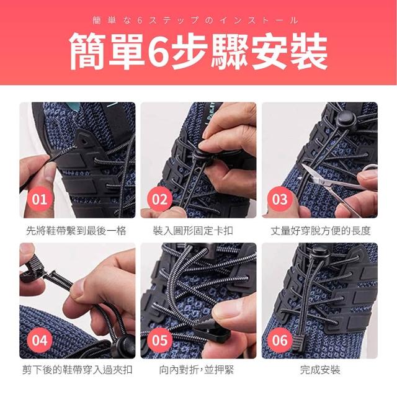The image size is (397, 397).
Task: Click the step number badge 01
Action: coord(40,199)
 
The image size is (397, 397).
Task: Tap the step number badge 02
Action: coord(160,199)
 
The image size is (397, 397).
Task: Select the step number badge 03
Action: coord(280,199)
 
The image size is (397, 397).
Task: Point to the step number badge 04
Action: coord(40,340)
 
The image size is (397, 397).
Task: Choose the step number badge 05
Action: coord(160,340)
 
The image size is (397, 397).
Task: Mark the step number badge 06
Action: coord(280,340)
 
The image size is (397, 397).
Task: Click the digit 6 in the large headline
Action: coord(158,51)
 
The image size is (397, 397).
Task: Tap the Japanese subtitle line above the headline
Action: coord(195,20)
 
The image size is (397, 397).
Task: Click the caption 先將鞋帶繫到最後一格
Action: coord(76,231)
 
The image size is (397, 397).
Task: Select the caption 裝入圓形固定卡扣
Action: coord(193,231)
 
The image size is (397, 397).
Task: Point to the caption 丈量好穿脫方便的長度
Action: coord(321,231)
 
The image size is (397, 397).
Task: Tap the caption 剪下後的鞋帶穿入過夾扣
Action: coord(77,370)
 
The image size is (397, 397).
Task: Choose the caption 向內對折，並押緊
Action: coord(196,370)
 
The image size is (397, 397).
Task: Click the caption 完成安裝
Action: coord(320,370)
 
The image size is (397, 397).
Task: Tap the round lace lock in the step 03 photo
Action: coord(346,118)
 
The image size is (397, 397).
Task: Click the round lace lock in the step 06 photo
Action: coord(319,254)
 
